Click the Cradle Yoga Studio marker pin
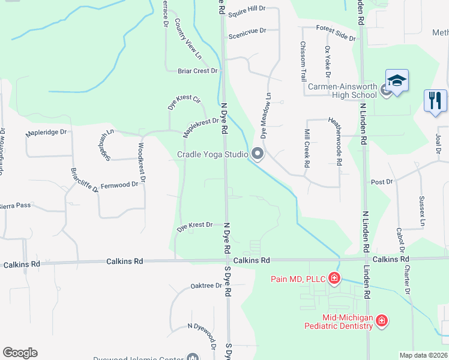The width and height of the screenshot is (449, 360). tap(258, 155)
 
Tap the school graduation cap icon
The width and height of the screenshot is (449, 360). tap(397, 80)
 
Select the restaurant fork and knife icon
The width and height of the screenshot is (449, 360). tap(435, 100)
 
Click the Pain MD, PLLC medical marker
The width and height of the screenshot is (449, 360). tap(334, 278)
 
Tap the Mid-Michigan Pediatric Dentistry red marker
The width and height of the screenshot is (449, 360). tap(381, 322)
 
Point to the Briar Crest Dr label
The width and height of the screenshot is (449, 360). tap(197, 71)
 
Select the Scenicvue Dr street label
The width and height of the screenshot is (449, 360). tap(247, 36)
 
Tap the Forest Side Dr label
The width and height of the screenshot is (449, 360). tap(336, 32)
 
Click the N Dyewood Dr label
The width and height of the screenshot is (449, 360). tap(202, 334)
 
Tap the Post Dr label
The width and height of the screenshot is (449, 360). tap(381, 181)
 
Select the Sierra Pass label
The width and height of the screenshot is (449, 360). tap(14, 205)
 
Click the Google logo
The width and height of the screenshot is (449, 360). tap(20, 353)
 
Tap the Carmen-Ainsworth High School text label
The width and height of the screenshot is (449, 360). tap(342, 91)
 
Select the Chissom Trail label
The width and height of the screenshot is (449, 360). tap(304, 62)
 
